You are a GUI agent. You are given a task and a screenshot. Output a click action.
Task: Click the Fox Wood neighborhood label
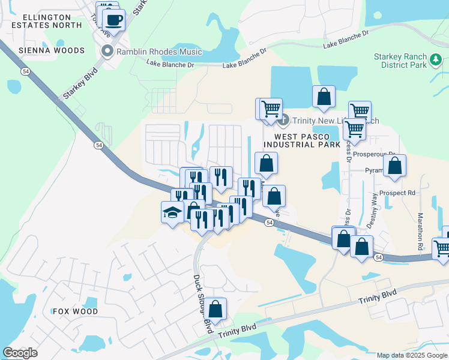pyautogui.click(x=75, y=311)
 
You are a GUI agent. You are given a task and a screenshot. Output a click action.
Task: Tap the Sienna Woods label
pyautogui.click(x=51, y=50)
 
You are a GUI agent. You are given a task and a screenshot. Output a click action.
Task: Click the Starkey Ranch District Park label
pyautogui.click(x=408, y=60)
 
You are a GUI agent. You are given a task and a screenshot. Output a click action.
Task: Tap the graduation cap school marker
pyautogui.click(x=172, y=212)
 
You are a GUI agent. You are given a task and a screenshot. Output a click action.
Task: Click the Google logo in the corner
pyautogui.click(x=20, y=353)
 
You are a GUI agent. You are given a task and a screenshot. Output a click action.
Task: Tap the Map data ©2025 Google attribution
pyautogui.click(x=412, y=355)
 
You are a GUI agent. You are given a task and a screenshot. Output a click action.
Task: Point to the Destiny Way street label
pyautogui.click(x=375, y=209)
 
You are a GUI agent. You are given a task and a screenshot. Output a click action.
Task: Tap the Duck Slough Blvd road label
pyautogui.click(x=203, y=304)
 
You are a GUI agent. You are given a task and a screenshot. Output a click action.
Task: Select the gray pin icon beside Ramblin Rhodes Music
pyautogui.click(x=108, y=50)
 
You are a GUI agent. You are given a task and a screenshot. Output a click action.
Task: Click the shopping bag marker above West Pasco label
pyautogui.click(x=324, y=97)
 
